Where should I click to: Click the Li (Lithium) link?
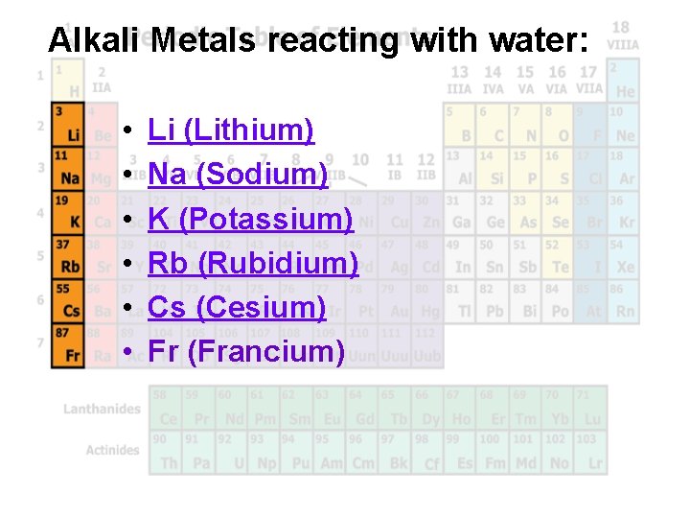(231, 129)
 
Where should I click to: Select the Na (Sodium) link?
(238, 174)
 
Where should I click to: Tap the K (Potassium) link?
(250, 219)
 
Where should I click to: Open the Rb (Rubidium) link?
(253, 263)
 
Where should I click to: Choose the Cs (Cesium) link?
(238, 307)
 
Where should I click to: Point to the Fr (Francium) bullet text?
(246, 351)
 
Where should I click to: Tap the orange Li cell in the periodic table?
(67, 128)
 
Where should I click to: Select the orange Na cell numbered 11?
(67, 171)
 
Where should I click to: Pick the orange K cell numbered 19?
(67, 215)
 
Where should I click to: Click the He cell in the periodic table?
(625, 84)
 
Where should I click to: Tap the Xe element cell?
(625, 259)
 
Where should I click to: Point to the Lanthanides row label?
(102, 410)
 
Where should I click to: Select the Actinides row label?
(112, 450)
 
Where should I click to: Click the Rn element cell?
(625, 302)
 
